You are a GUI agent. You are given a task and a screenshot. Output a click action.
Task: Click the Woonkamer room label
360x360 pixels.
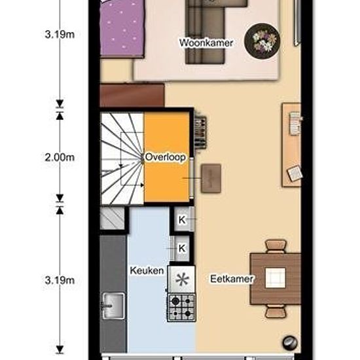(206, 43)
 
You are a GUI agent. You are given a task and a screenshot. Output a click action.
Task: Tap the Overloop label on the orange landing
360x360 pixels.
(166, 157)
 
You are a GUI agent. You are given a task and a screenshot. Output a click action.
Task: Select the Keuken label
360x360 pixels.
(147, 270)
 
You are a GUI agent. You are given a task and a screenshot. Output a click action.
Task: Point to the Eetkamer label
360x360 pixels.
(232, 279)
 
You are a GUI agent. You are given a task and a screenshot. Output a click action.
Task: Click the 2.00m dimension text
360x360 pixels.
(60, 158)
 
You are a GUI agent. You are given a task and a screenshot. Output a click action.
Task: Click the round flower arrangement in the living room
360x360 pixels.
(262, 41)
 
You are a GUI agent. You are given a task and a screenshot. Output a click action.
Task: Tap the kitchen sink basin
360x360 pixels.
(113, 306)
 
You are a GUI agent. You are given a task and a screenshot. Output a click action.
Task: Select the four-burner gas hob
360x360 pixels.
(181, 308)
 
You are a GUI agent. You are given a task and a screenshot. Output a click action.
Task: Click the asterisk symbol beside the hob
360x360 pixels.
(182, 279)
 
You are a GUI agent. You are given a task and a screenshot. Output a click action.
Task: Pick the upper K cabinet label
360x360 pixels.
(182, 220)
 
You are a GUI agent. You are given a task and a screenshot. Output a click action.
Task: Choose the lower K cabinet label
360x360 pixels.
(182, 248)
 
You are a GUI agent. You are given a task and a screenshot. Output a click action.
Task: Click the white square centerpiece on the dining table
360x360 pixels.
(276, 278)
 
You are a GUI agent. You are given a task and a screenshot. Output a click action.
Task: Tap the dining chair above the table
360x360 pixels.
(276, 246)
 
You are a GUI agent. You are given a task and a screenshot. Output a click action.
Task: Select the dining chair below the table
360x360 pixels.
(276, 311)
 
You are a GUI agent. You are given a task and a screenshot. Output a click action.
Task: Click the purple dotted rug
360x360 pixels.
(122, 27)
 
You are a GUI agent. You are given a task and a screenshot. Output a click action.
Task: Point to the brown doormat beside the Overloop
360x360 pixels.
(211, 178)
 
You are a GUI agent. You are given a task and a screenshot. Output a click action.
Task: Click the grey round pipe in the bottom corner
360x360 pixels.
(290, 343)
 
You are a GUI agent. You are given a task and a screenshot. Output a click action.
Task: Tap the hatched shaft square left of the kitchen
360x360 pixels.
(113, 218)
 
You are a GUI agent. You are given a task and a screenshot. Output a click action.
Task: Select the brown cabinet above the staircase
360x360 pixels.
(132, 96)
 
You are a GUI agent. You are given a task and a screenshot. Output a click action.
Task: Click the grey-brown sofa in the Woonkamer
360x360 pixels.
(205, 32)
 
